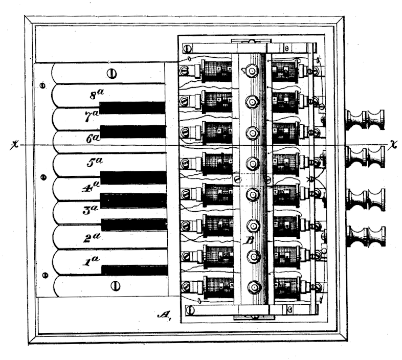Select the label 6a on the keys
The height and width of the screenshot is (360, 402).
(x=92, y=137)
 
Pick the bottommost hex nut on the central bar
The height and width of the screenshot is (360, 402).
(x=251, y=286)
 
